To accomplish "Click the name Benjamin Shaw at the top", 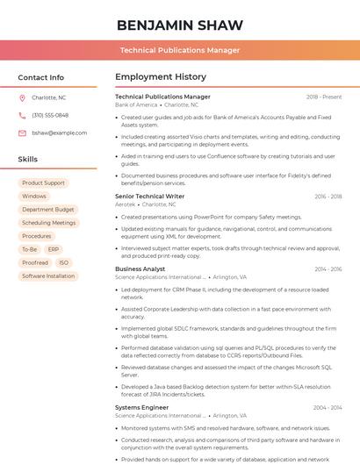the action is coord(179,25).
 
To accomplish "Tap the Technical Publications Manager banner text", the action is coord(179,50).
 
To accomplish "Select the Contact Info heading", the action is coord(41,77).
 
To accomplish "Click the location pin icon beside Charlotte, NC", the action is coord(22,98).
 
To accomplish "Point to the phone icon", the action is coord(22,115).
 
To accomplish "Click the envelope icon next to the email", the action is coord(22,132).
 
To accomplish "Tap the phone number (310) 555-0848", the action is coord(50,115).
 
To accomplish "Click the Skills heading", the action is coord(28,160).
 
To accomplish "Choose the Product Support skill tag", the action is coord(43,183).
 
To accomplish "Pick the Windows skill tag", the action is coord(34,197).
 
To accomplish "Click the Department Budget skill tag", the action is coord(48,210).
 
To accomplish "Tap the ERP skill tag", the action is coord(54,249).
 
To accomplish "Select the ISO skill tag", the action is coord(63,262).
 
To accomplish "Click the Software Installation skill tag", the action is coord(48,275).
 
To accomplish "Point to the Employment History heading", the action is coord(161,77).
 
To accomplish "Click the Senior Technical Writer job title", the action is coord(149,197).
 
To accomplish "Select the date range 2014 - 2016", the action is coord(328,269).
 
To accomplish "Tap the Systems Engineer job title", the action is coord(141,407).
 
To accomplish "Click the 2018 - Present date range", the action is coord(324,97).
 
